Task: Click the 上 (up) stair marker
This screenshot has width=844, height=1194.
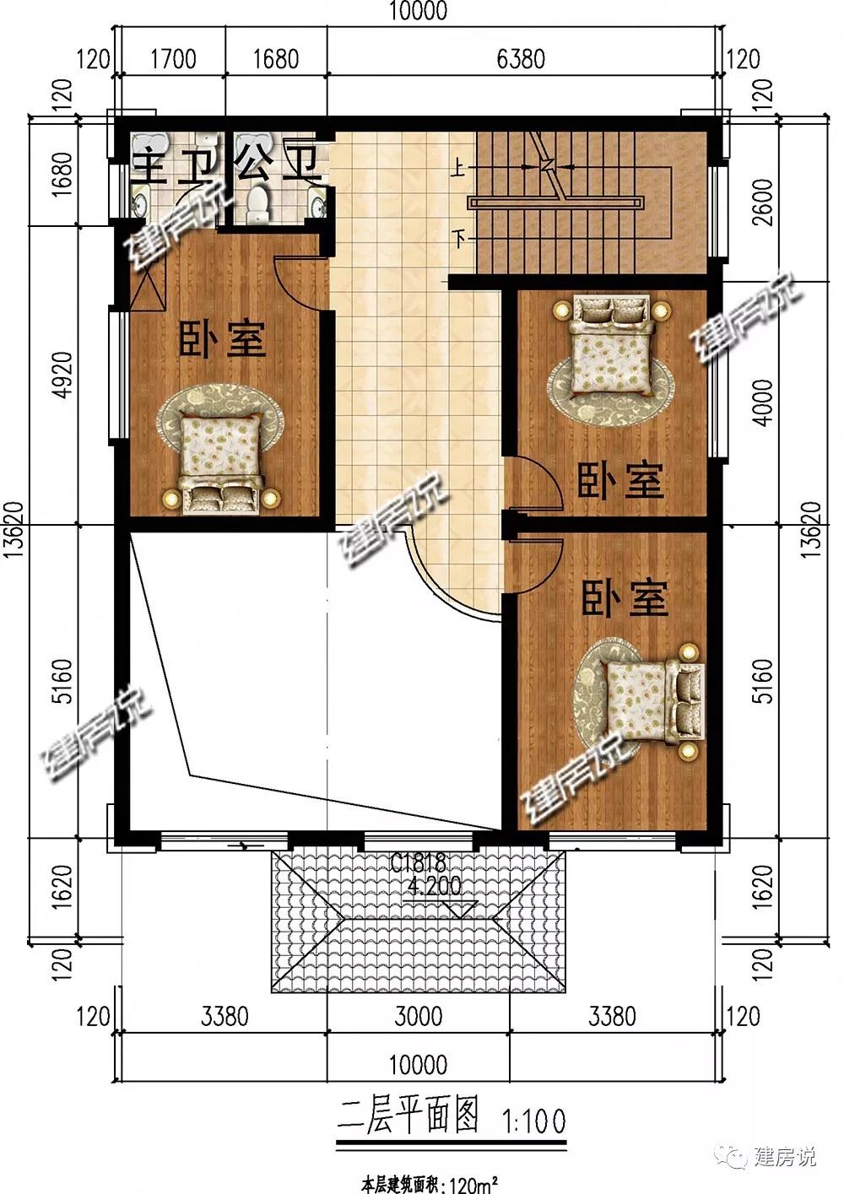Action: click(x=458, y=169)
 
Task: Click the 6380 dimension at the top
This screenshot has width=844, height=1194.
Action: click(x=521, y=58)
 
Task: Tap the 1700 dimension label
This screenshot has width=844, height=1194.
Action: click(x=173, y=58)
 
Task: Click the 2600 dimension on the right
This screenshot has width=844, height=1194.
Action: click(x=764, y=203)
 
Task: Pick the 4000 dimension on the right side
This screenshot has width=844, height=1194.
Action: click(x=764, y=403)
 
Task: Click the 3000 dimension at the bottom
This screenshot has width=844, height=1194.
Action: click(x=419, y=1016)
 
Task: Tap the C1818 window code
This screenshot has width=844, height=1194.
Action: click(x=418, y=862)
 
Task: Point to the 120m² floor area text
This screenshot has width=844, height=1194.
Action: click(x=470, y=1185)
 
